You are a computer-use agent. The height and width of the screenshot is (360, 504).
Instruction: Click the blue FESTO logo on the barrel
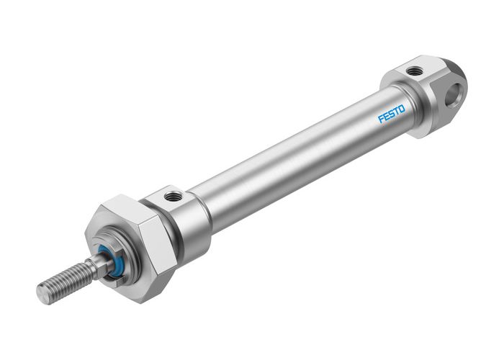(392, 114)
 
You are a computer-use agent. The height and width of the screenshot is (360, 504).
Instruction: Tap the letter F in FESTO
(381, 120)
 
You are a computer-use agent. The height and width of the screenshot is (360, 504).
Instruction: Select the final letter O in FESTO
(401, 109)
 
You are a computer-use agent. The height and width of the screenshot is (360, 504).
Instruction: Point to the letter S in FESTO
(391, 114)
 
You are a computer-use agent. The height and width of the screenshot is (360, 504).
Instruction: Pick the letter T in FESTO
(396, 112)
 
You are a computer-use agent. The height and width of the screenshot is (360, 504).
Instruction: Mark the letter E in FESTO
(386, 117)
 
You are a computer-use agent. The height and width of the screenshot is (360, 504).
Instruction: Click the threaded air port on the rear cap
(415, 71)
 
